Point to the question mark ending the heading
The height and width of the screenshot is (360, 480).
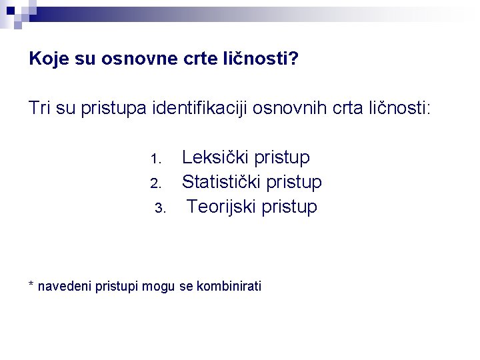pos(295,59)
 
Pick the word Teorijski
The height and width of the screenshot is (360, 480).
pos(222,207)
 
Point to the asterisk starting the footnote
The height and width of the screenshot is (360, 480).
pos(31,285)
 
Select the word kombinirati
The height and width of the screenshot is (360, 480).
pos(229,287)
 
